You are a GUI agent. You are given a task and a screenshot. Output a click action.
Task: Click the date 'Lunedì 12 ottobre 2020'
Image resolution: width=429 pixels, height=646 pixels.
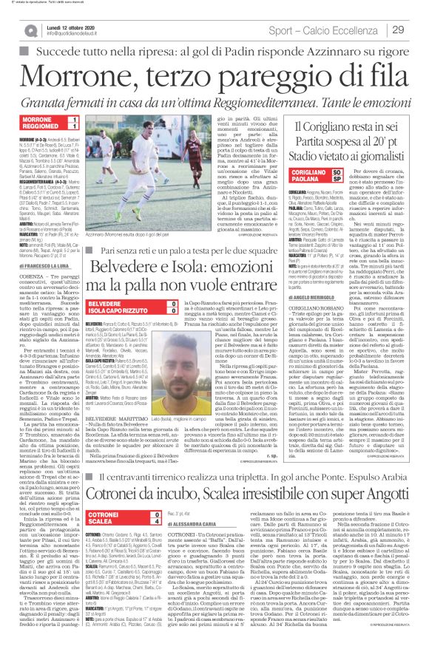tap(86, 24)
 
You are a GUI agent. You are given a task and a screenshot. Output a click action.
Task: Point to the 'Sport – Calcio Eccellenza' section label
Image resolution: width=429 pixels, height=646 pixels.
tap(321, 29)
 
